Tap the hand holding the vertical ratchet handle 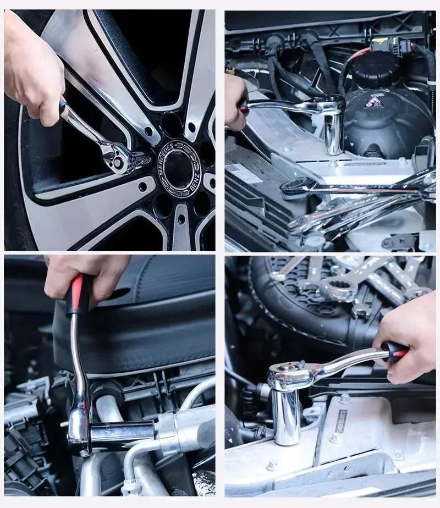click(x=88, y=275)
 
